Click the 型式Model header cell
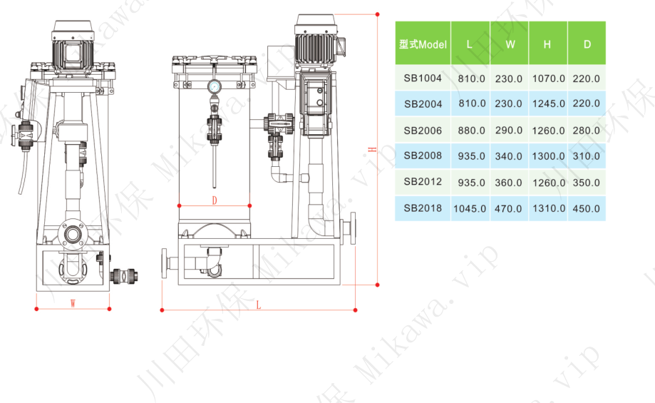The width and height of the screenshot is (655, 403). pyautogui.click(x=423, y=44)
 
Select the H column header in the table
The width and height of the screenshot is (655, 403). pyautogui.click(x=547, y=44)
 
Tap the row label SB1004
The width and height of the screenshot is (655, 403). pyautogui.click(x=423, y=78)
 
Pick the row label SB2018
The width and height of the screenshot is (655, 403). pyautogui.click(x=423, y=208)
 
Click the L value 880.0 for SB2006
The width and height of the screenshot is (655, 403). pyautogui.click(x=471, y=131)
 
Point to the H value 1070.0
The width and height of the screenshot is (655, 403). pyautogui.click(x=549, y=78)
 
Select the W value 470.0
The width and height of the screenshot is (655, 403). pyautogui.click(x=508, y=208)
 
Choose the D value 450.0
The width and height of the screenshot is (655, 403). pyautogui.click(x=586, y=208)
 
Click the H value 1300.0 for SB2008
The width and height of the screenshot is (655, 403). pyautogui.click(x=549, y=156)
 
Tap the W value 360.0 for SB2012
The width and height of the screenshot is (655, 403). pyautogui.click(x=508, y=183)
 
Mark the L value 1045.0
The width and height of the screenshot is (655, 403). pyautogui.click(x=470, y=208)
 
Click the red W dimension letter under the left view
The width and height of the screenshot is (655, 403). pyautogui.click(x=73, y=304)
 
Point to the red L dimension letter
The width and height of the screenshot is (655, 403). pyautogui.click(x=258, y=305)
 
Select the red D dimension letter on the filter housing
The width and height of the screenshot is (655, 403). pyautogui.click(x=215, y=200)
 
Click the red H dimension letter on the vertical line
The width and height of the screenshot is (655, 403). pyautogui.click(x=372, y=149)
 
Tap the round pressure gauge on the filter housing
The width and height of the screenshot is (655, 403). pyautogui.click(x=215, y=86)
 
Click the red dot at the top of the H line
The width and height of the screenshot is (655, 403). pyautogui.click(x=377, y=14)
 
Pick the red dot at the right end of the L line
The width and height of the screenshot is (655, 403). pyautogui.click(x=355, y=310)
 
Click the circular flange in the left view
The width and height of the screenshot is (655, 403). pyautogui.click(x=73, y=235)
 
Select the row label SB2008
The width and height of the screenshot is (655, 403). pyautogui.click(x=423, y=155)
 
